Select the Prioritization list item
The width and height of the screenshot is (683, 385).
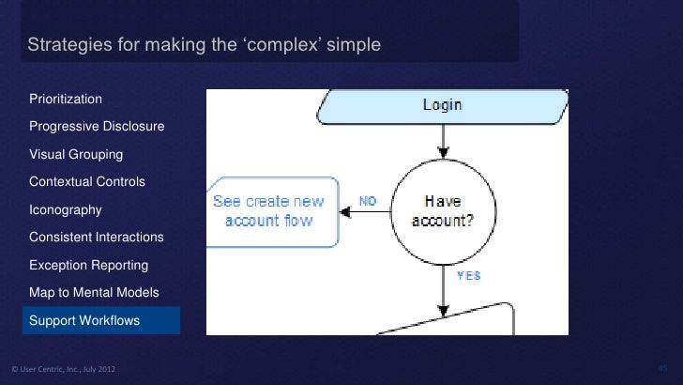coord(66,99)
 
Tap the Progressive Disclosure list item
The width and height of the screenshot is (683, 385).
coord(97,127)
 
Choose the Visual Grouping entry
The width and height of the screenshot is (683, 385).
coord(76,154)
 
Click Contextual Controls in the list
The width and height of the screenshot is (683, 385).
coord(87,181)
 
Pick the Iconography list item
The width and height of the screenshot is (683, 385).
coord(66,209)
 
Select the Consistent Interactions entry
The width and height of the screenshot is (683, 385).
coord(96,238)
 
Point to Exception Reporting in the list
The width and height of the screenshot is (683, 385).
coord(88,265)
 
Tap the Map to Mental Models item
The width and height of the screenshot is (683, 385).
coord(94,293)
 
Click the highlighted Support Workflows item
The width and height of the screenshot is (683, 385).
coord(84,320)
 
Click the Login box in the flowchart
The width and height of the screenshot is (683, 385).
coord(441,106)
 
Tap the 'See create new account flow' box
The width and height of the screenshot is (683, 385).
coord(269,211)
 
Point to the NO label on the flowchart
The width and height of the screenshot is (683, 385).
coord(368,201)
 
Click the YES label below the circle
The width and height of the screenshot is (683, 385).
coord(468,276)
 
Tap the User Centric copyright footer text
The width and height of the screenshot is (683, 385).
coord(63,367)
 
